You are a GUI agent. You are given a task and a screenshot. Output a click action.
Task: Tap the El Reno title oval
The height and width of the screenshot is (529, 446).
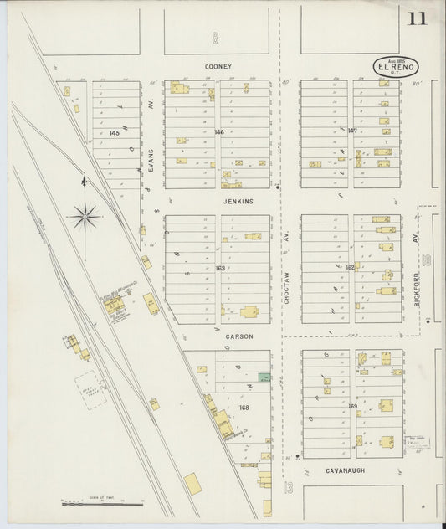(395, 67)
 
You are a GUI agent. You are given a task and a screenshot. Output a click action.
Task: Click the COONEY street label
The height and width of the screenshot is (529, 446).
(218, 66)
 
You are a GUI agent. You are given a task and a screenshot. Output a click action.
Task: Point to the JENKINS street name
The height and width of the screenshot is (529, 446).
(238, 202)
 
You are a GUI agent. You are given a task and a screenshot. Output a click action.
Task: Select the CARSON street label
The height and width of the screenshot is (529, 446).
(238, 337)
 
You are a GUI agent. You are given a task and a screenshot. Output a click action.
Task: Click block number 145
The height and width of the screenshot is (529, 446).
(115, 133)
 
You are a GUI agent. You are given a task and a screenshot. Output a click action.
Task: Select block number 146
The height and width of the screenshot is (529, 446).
(219, 132)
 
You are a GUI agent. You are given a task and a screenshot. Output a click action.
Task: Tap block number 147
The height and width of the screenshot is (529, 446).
(352, 131)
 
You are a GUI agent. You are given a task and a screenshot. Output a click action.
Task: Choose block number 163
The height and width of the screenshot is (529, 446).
(220, 268)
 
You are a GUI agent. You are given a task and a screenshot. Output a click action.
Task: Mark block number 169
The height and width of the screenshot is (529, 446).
(352, 406)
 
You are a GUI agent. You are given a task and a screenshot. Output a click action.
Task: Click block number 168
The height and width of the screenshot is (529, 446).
(244, 408)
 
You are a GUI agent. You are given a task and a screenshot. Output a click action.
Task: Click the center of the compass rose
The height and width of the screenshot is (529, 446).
(85, 218)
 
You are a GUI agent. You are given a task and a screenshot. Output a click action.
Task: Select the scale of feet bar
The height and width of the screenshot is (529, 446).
(102, 504)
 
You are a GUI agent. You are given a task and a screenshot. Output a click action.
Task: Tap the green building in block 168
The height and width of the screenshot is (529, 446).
(264, 377)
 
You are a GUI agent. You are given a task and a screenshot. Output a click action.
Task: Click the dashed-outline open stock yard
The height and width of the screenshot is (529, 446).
(90, 390)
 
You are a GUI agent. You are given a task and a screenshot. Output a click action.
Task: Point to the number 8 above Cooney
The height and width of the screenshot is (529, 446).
(215, 38)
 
